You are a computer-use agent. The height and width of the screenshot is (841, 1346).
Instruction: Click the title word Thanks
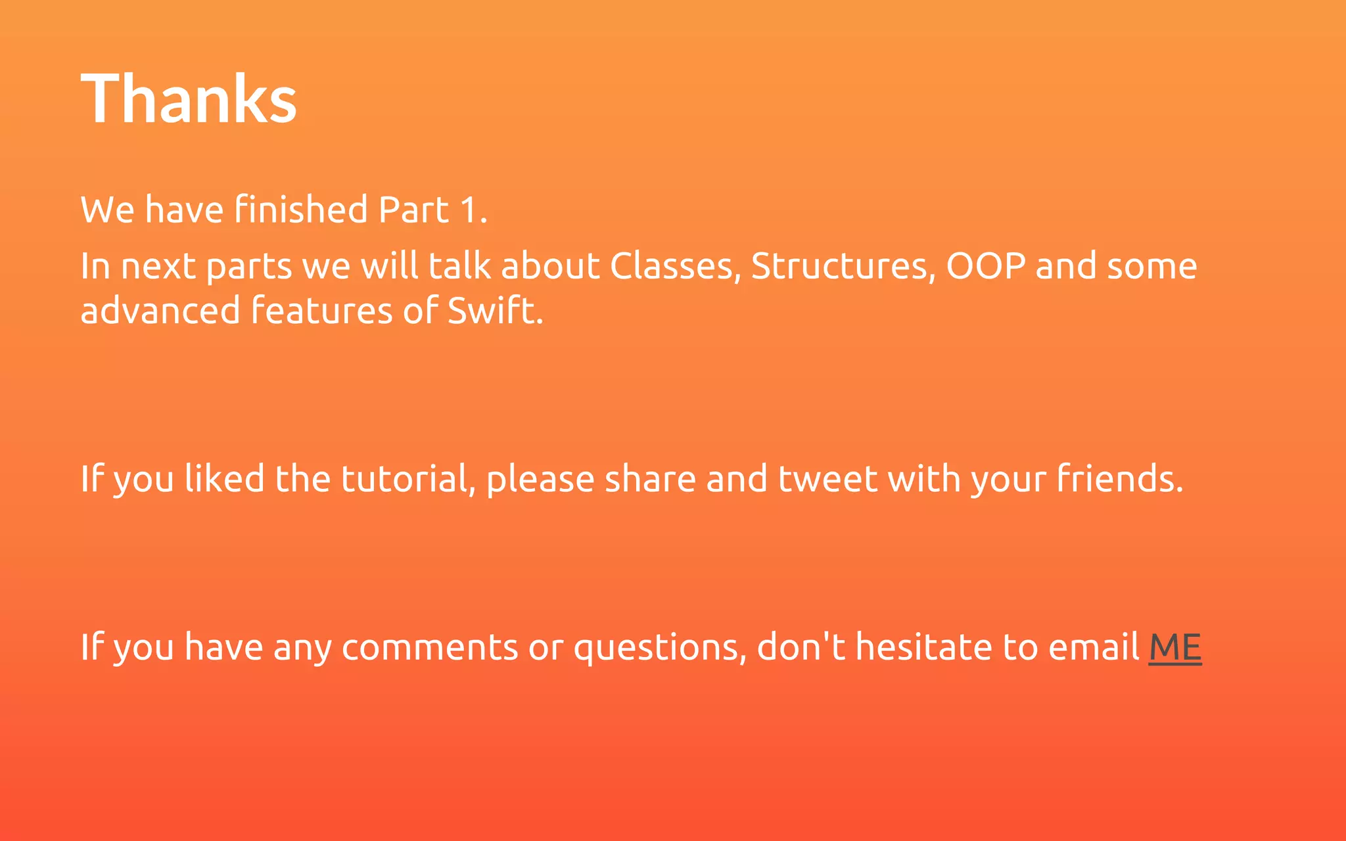coord(189,99)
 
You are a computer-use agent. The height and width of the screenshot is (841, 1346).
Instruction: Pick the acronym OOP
coord(985,266)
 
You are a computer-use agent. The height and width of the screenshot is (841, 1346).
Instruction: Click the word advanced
coord(160,310)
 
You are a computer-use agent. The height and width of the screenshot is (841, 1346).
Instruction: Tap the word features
coord(322,310)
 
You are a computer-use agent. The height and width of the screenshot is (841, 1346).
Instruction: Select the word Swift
coord(495,310)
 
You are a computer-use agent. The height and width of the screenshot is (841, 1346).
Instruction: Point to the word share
coord(650,478)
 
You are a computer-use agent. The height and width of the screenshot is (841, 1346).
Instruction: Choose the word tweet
coord(827,478)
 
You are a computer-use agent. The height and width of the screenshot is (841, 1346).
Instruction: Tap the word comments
coord(430,647)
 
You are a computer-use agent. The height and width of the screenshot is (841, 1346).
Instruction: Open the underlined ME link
coord(1175,648)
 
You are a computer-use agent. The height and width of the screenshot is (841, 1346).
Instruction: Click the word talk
coord(459,266)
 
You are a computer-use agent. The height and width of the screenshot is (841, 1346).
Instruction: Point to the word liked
coord(224,478)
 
